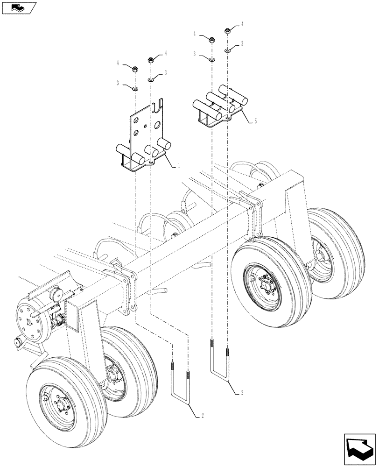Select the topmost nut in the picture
(228, 31)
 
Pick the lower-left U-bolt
(180, 383)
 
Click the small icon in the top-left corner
(19, 7)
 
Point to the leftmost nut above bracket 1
(135, 70)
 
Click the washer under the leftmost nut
(135, 87)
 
